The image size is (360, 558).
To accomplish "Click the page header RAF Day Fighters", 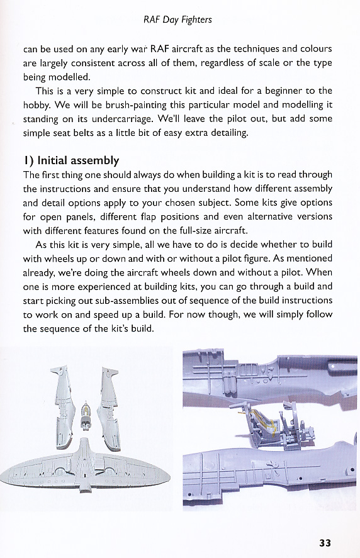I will pos(177,20).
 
